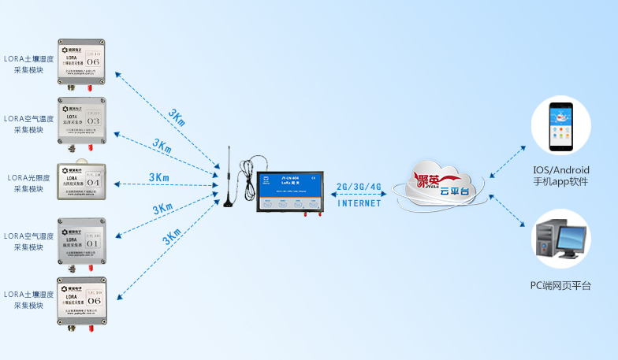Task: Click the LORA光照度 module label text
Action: click(x=28, y=177)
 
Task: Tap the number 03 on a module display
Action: click(x=93, y=121)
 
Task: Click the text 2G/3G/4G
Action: click(x=359, y=187)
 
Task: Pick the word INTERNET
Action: click(x=359, y=203)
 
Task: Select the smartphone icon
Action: click(x=560, y=126)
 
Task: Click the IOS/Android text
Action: click(x=560, y=170)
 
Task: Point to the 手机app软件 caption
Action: click(x=560, y=182)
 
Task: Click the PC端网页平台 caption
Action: click(x=560, y=285)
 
